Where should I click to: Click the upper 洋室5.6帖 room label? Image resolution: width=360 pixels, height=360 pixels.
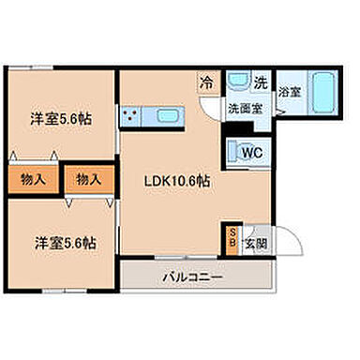tap(59, 119)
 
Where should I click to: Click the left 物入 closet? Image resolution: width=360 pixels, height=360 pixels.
tap(30, 177)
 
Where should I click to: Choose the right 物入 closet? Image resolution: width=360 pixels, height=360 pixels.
tap(90, 177)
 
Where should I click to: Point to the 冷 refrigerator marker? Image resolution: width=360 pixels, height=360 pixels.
tap(205, 83)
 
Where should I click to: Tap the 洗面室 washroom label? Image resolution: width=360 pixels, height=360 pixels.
tap(247, 109)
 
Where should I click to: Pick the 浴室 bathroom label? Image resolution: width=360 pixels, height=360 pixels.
tap(289, 92)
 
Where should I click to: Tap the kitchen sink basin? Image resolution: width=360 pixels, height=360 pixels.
tap(170, 116)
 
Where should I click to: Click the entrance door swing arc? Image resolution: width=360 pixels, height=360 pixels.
tap(284, 246)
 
